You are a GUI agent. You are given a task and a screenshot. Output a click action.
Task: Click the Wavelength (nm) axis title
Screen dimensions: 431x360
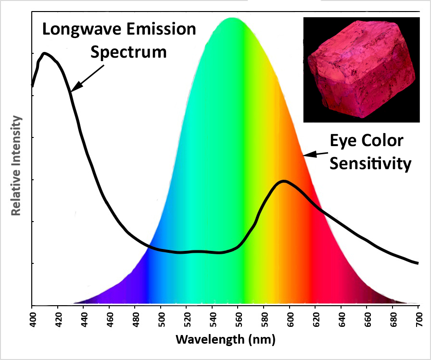click(226, 340)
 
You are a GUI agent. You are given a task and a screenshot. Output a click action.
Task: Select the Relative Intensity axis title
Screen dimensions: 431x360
click(16, 166)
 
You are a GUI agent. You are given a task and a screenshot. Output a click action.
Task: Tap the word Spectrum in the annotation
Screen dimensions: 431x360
click(128, 52)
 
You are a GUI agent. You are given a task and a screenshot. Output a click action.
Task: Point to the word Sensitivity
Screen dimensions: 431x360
click(370, 164)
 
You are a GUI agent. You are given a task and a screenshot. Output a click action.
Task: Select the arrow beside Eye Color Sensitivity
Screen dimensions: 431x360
click(316, 154)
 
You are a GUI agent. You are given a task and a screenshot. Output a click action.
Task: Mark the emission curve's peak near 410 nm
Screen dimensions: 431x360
click(44, 53)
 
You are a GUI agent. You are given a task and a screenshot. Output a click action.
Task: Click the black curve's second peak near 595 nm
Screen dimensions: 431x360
click(284, 181)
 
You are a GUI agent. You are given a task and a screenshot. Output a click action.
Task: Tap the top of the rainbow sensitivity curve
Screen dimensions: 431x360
click(232, 18)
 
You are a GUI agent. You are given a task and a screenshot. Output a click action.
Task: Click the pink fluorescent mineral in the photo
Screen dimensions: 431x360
click(361, 69)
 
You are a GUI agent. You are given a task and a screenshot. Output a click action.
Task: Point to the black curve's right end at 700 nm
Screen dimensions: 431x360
click(418, 263)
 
